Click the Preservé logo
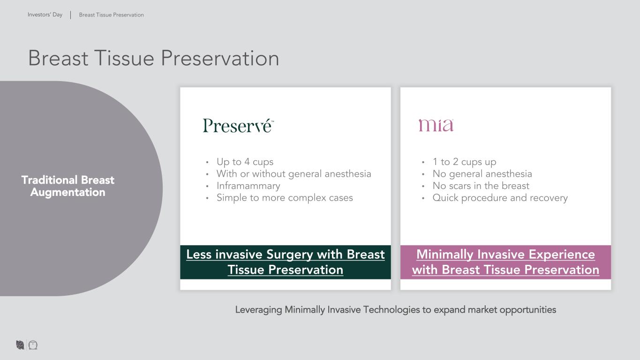point(238,126)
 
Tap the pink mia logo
point(436,125)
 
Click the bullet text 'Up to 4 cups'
point(245,162)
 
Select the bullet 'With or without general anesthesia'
point(294,174)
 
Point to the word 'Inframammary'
point(248,186)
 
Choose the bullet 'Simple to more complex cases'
point(285,198)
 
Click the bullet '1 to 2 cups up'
point(464,162)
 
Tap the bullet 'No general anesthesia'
point(482,174)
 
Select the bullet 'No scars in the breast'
point(481,186)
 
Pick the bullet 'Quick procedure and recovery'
point(500,198)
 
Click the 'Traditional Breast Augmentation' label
point(68,186)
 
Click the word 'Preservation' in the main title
point(220,58)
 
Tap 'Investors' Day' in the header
point(45,15)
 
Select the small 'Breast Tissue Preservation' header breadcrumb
point(112,15)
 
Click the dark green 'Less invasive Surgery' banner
point(286,262)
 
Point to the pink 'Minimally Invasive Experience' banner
point(505,262)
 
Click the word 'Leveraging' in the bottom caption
point(258,310)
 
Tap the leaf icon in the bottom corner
point(20,345)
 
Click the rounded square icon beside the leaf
point(33,345)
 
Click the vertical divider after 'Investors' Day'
point(71,15)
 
